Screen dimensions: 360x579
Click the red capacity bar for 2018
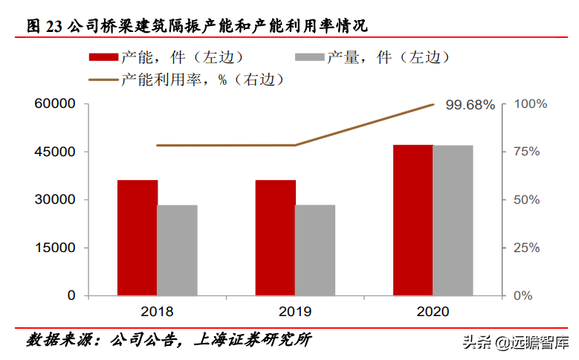[137, 237]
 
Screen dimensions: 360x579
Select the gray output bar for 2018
[177, 250]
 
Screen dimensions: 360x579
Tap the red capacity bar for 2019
[275, 237]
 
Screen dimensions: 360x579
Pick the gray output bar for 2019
[315, 250]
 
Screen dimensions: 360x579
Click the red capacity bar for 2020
[413, 220]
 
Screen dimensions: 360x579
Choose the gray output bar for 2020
[453, 220]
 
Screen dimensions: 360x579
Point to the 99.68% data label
[470, 105]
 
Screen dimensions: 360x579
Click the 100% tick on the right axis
[531, 104]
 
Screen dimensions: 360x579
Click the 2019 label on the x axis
[294, 312]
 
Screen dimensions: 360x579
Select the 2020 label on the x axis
[433, 312]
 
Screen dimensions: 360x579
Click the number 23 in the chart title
[54, 26]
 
